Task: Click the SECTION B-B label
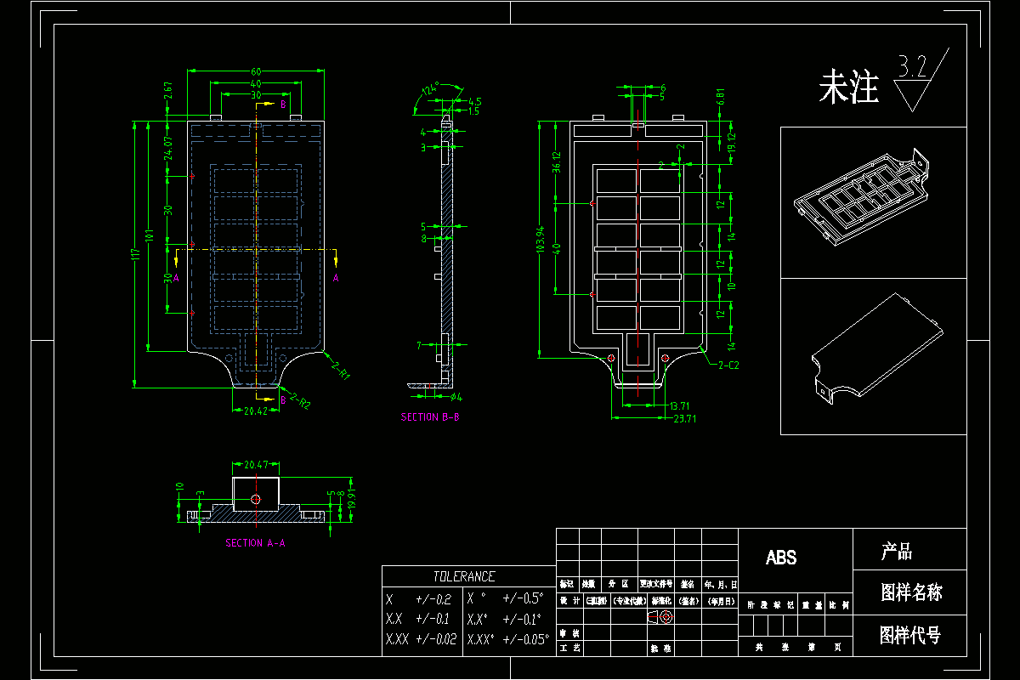coord(431,417)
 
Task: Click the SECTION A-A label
coord(255,542)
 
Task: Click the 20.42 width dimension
coord(256,411)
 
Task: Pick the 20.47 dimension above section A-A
coord(256,466)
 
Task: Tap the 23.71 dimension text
coord(686,418)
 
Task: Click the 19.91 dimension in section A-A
coord(350,501)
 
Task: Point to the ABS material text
coord(781,558)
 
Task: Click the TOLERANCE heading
coord(463,576)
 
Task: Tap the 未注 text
coord(847,88)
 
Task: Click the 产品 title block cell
coord(896,552)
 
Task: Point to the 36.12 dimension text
coord(558,161)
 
